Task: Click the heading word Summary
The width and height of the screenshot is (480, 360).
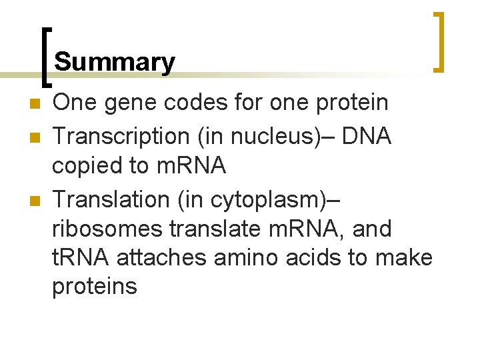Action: [115, 62]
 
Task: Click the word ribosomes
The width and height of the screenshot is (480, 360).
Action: [107, 229]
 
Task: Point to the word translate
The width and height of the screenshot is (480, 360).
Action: [213, 229]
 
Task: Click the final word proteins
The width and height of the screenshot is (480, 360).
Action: [95, 287]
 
